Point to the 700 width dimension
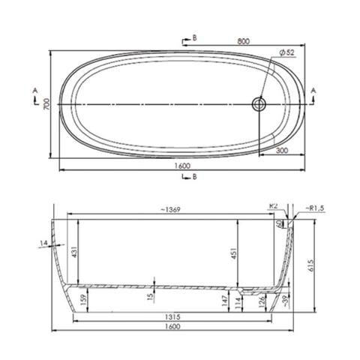coord(46,105)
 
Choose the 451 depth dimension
coord(235,254)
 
